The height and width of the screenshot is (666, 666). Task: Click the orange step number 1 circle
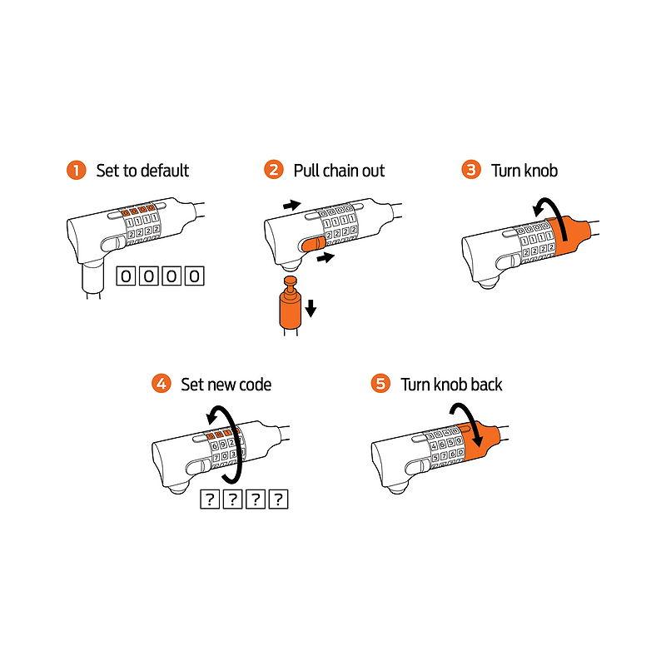point(77,171)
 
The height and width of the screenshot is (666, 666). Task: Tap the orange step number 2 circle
point(274,170)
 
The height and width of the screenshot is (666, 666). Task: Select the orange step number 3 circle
point(471,170)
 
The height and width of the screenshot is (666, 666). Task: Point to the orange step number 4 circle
point(162,384)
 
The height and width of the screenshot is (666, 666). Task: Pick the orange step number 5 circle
point(380,384)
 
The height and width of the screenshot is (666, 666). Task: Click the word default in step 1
point(163,171)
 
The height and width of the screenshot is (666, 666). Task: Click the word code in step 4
point(256,385)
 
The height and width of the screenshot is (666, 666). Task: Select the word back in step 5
point(486,385)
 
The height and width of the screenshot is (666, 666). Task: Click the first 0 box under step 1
point(127,276)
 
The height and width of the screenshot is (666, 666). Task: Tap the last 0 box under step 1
point(195,276)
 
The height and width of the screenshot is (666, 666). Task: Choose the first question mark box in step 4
point(210,499)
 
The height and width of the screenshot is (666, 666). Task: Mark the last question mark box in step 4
point(279,499)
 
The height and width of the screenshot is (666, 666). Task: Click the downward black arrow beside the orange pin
point(311,308)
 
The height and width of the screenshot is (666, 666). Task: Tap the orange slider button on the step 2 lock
point(313,245)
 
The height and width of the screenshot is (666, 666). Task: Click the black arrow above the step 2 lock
point(292,206)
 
